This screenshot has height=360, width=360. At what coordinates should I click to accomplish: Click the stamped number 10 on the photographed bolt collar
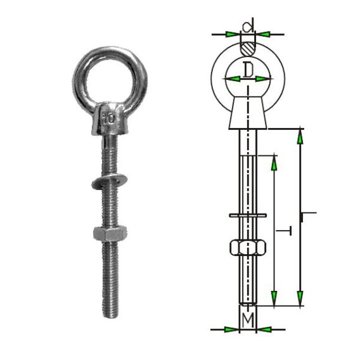point(110,117)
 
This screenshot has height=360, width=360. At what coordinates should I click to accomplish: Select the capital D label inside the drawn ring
point(248,68)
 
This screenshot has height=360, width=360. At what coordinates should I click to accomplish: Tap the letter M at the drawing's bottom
point(249,316)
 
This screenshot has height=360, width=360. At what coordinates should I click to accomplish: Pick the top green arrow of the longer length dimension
point(300,137)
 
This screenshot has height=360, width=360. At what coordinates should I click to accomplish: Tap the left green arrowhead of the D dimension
point(233,79)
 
